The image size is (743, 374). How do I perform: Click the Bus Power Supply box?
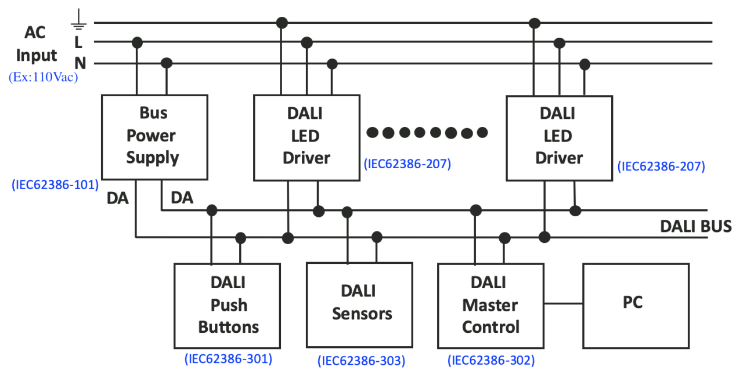[x=154, y=137]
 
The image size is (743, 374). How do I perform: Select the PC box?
[x=636, y=305]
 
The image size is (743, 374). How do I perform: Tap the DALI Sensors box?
[x=359, y=305]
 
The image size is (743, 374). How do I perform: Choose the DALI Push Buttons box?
[x=228, y=305]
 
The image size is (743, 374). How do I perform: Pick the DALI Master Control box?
[x=490, y=305]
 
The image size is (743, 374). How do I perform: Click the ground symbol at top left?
[x=78, y=21]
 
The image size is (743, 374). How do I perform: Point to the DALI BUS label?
[x=695, y=226]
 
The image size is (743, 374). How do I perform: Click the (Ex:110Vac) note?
[x=43, y=77]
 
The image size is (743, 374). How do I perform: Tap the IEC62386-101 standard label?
[x=55, y=185]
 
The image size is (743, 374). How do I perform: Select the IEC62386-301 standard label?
[x=228, y=359]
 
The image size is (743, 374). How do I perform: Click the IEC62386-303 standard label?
[x=361, y=361]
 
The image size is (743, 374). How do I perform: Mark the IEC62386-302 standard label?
[x=491, y=360]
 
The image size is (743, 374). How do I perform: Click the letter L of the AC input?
[x=79, y=42]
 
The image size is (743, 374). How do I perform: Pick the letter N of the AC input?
[x=80, y=63]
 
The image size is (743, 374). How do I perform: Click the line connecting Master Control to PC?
[x=563, y=303]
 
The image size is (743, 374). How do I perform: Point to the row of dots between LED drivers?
[x=427, y=133]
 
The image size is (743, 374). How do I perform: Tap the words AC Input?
[x=36, y=45]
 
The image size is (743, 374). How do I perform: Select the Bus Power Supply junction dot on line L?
[x=137, y=42]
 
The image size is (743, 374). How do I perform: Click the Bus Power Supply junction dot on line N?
[x=167, y=63]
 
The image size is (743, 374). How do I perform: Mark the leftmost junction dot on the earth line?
[x=282, y=23]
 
